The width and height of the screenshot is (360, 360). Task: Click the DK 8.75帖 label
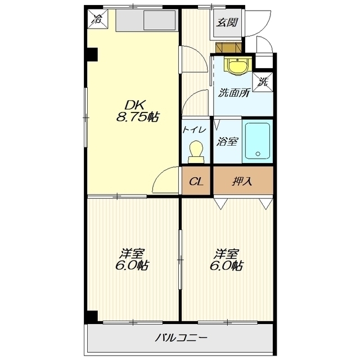[137, 111]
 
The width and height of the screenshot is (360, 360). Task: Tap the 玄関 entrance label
[227, 22]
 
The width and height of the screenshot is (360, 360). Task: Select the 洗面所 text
[233, 92]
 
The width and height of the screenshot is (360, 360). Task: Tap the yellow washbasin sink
[236, 66]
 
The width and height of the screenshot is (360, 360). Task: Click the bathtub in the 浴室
[258, 141]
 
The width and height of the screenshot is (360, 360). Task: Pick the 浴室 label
[227, 141]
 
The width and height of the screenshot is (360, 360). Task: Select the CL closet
[196, 181]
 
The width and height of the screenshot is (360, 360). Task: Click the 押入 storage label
[242, 182]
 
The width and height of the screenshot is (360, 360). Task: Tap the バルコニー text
[181, 337]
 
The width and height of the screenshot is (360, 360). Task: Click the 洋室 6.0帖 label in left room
[132, 259]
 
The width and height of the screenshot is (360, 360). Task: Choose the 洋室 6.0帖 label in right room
[227, 259]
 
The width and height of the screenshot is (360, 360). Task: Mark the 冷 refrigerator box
[97, 19]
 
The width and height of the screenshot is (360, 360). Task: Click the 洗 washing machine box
[263, 82]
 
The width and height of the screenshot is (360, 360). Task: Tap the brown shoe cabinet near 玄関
[228, 48]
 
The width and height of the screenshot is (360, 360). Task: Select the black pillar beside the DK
[92, 55]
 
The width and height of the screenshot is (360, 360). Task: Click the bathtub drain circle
[258, 154]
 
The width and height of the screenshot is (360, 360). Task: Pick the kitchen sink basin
[159, 20]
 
